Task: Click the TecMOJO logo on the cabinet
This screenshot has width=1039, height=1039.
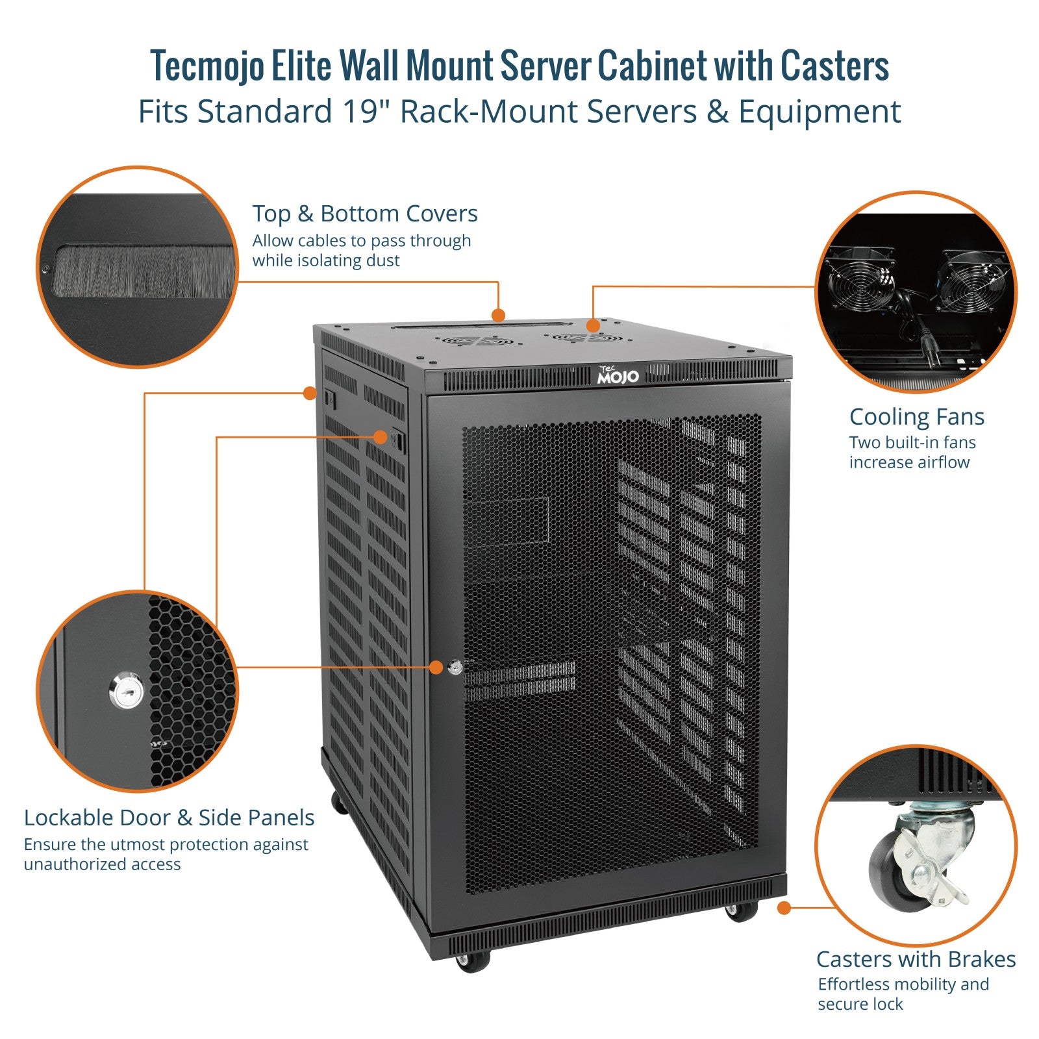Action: tap(618, 375)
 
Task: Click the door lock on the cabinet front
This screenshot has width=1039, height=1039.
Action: tap(455, 666)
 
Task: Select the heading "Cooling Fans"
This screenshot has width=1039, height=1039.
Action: tap(916, 417)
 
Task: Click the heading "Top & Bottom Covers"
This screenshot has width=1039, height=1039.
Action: tap(364, 214)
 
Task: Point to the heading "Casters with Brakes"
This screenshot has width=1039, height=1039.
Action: tap(916, 959)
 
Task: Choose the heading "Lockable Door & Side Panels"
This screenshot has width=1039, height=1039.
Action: tap(169, 818)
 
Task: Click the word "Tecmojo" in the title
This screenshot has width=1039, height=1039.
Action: tap(207, 66)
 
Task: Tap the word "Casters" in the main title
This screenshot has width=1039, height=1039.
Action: tap(834, 66)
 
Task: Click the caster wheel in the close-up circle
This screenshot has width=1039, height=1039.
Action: tap(890, 870)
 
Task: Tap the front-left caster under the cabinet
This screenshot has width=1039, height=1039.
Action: tap(472, 960)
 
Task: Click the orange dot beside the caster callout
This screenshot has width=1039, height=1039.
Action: tap(784, 908)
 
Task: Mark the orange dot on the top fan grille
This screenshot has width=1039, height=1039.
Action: tap(592, 325)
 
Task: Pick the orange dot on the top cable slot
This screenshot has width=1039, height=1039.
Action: tap(498, 316)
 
